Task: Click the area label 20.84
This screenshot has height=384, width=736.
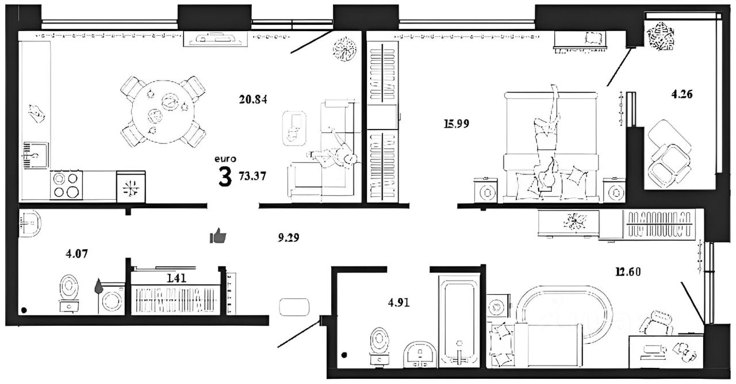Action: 253,99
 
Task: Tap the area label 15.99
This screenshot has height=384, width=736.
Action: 457,124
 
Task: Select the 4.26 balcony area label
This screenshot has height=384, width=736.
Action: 682,94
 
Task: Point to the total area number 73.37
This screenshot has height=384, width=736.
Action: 252,176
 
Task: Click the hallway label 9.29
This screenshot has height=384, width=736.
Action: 289,237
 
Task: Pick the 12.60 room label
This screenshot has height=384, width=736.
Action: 628,272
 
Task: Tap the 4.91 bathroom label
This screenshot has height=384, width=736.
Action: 399,302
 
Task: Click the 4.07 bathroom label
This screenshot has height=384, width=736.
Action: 76,254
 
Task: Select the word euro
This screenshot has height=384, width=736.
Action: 225,159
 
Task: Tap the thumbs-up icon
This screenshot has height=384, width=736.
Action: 218,235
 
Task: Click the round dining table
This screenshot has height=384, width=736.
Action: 163,112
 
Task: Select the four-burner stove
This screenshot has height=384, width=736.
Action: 66,185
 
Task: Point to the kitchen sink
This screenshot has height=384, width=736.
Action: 36,155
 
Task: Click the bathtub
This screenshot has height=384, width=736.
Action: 459,324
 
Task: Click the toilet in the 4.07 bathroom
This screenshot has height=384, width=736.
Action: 70,293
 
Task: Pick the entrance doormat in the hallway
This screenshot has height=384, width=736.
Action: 294,307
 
